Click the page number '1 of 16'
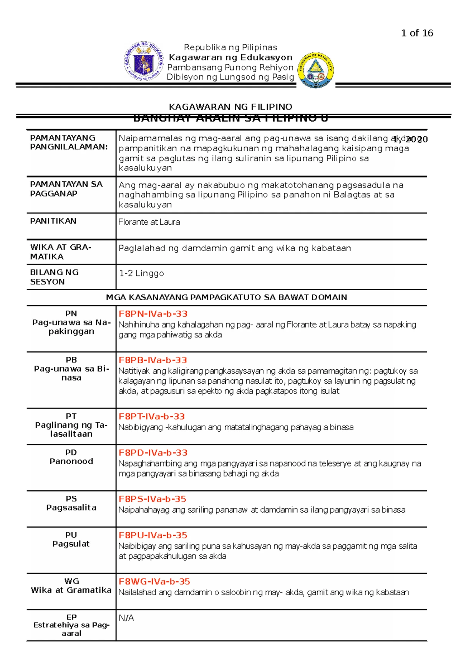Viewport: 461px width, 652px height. tap(417, 33)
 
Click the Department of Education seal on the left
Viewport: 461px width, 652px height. tap(144, 61)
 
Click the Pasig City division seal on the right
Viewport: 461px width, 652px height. tap(315, 70)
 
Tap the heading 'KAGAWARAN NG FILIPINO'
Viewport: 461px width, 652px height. tap(230, 107)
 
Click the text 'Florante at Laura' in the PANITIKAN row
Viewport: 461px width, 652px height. tap(149, 222)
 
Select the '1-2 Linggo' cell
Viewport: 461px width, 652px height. tap(141, 273)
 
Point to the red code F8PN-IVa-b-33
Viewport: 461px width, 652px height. tap(153, 314)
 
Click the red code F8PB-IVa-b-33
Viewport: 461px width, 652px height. tap(153, 360)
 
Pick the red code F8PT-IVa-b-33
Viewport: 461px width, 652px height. tap(152, 416)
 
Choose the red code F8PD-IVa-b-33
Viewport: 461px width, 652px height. tap(153, 453)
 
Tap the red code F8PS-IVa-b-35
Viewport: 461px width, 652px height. tap(153, 499)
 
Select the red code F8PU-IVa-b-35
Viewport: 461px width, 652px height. tap(153, 535)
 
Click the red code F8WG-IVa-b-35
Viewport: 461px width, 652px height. tap(154, 581)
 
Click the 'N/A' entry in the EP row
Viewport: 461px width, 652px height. tap(126, 618)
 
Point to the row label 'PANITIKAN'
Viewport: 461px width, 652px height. tap(53, 221)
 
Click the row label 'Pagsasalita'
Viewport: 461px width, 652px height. tap(71, 508)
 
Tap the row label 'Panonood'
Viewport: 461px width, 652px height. tap(71, 461)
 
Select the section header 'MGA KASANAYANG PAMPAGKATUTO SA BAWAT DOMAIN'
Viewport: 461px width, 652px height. tap(227, 297)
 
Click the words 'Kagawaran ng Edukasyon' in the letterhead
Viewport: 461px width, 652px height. tap(230, 58)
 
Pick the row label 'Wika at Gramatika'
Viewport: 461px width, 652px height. tap(71, 590)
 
